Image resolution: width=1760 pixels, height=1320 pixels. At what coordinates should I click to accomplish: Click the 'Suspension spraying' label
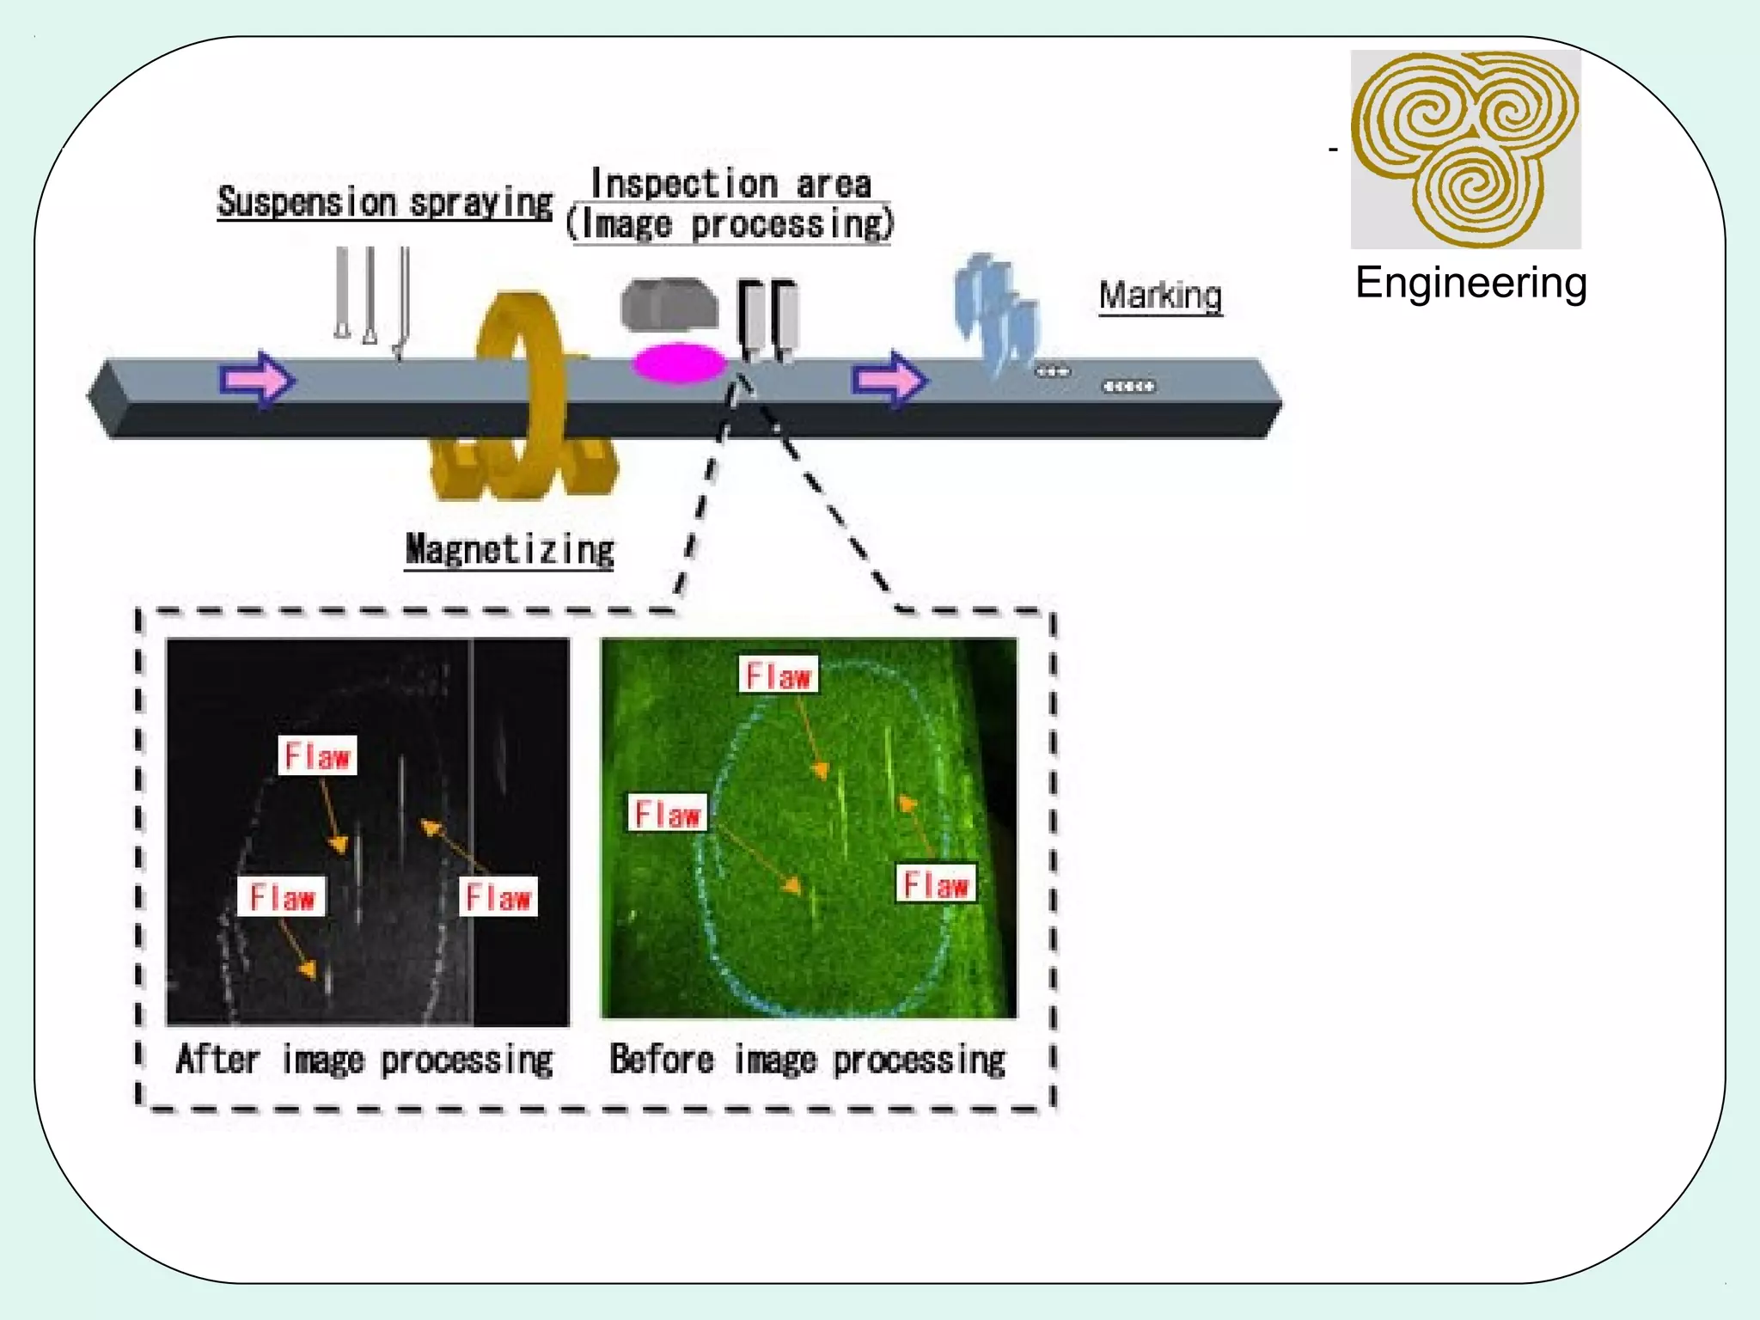tap(384, 204)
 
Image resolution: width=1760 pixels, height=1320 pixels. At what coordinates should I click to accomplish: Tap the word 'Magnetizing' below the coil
tap(510, 550)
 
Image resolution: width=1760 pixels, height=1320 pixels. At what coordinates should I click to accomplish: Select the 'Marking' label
tap(1160, 296)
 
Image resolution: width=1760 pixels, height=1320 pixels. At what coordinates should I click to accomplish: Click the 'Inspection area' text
tap(730, 184)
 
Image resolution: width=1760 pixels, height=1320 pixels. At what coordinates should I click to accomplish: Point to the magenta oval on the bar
tap(678, 363)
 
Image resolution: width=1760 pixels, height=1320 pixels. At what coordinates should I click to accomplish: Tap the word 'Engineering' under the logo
tap(1470, 283)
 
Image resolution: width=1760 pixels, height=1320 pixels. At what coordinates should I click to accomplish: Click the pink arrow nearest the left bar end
tap(257, 379)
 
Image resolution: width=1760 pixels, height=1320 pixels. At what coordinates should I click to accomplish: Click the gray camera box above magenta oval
tap(669, 304)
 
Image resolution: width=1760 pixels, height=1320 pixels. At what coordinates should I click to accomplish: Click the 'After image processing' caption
tap(364, 1060)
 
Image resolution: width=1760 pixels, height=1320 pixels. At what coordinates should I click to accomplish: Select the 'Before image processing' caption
tap(807, 1060)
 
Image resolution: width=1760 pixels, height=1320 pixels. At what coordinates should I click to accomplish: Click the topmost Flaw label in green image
tap(779, 675)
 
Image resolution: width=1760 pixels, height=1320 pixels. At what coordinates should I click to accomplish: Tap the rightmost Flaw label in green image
tap(936, 884)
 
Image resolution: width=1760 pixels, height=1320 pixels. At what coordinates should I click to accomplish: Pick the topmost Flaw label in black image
tap(317, 756)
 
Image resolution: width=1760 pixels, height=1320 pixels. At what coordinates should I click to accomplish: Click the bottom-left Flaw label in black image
tap(282, 897)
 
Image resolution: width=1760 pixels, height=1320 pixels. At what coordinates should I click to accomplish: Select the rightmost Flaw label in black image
tap(498, 897)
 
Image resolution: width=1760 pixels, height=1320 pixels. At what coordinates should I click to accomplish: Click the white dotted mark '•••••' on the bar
tap(1128, 387)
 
